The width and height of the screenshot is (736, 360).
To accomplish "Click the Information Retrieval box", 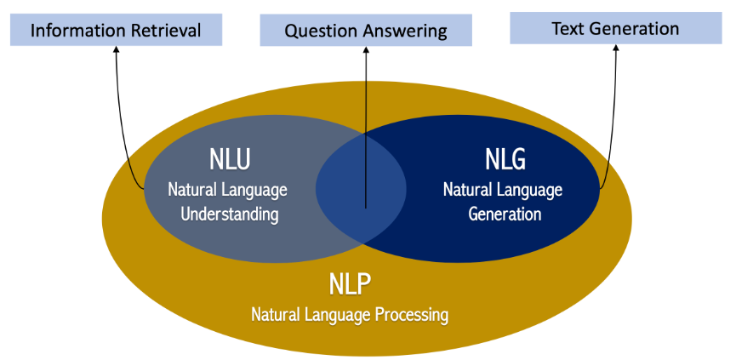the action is click(x=116, y=30).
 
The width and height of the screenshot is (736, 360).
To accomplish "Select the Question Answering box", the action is click(x=366, y=31).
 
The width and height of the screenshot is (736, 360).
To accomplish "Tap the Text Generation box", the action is click(x=615, y=28).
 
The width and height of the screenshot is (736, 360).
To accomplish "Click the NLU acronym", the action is click(x=230, y=160).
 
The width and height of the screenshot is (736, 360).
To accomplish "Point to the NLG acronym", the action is click(x=505, y=160).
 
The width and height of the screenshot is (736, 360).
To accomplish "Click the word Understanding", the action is click(x=230, y=214).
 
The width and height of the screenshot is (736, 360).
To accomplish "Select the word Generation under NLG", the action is click(x=505, y=214).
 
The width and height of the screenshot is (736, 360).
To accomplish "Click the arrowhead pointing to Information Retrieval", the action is click(x=116, y=49).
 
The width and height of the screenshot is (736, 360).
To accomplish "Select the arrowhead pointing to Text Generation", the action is click(x=615, y=49).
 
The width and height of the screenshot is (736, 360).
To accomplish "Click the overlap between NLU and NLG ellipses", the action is click(x=361, y=189).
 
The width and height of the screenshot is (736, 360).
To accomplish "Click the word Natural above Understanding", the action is click(x=189, y=191).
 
